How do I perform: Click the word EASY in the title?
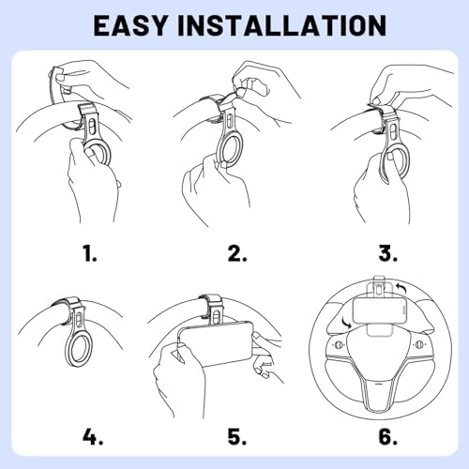(130, 25)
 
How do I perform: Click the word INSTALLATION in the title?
(281, 25)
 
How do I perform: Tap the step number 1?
(90, 253)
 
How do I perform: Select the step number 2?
(237, 253)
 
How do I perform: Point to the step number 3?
(388, 253)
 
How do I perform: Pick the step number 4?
(93, 436)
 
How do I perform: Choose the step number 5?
(237, 436)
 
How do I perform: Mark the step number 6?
(388, 436)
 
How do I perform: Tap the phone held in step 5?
(216, 343)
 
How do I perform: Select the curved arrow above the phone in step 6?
(401, 288)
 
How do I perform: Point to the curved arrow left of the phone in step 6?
(347, 323)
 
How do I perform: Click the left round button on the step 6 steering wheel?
(339, 345)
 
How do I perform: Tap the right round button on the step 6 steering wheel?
(419, 344)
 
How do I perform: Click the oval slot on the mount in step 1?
(92, 128)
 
